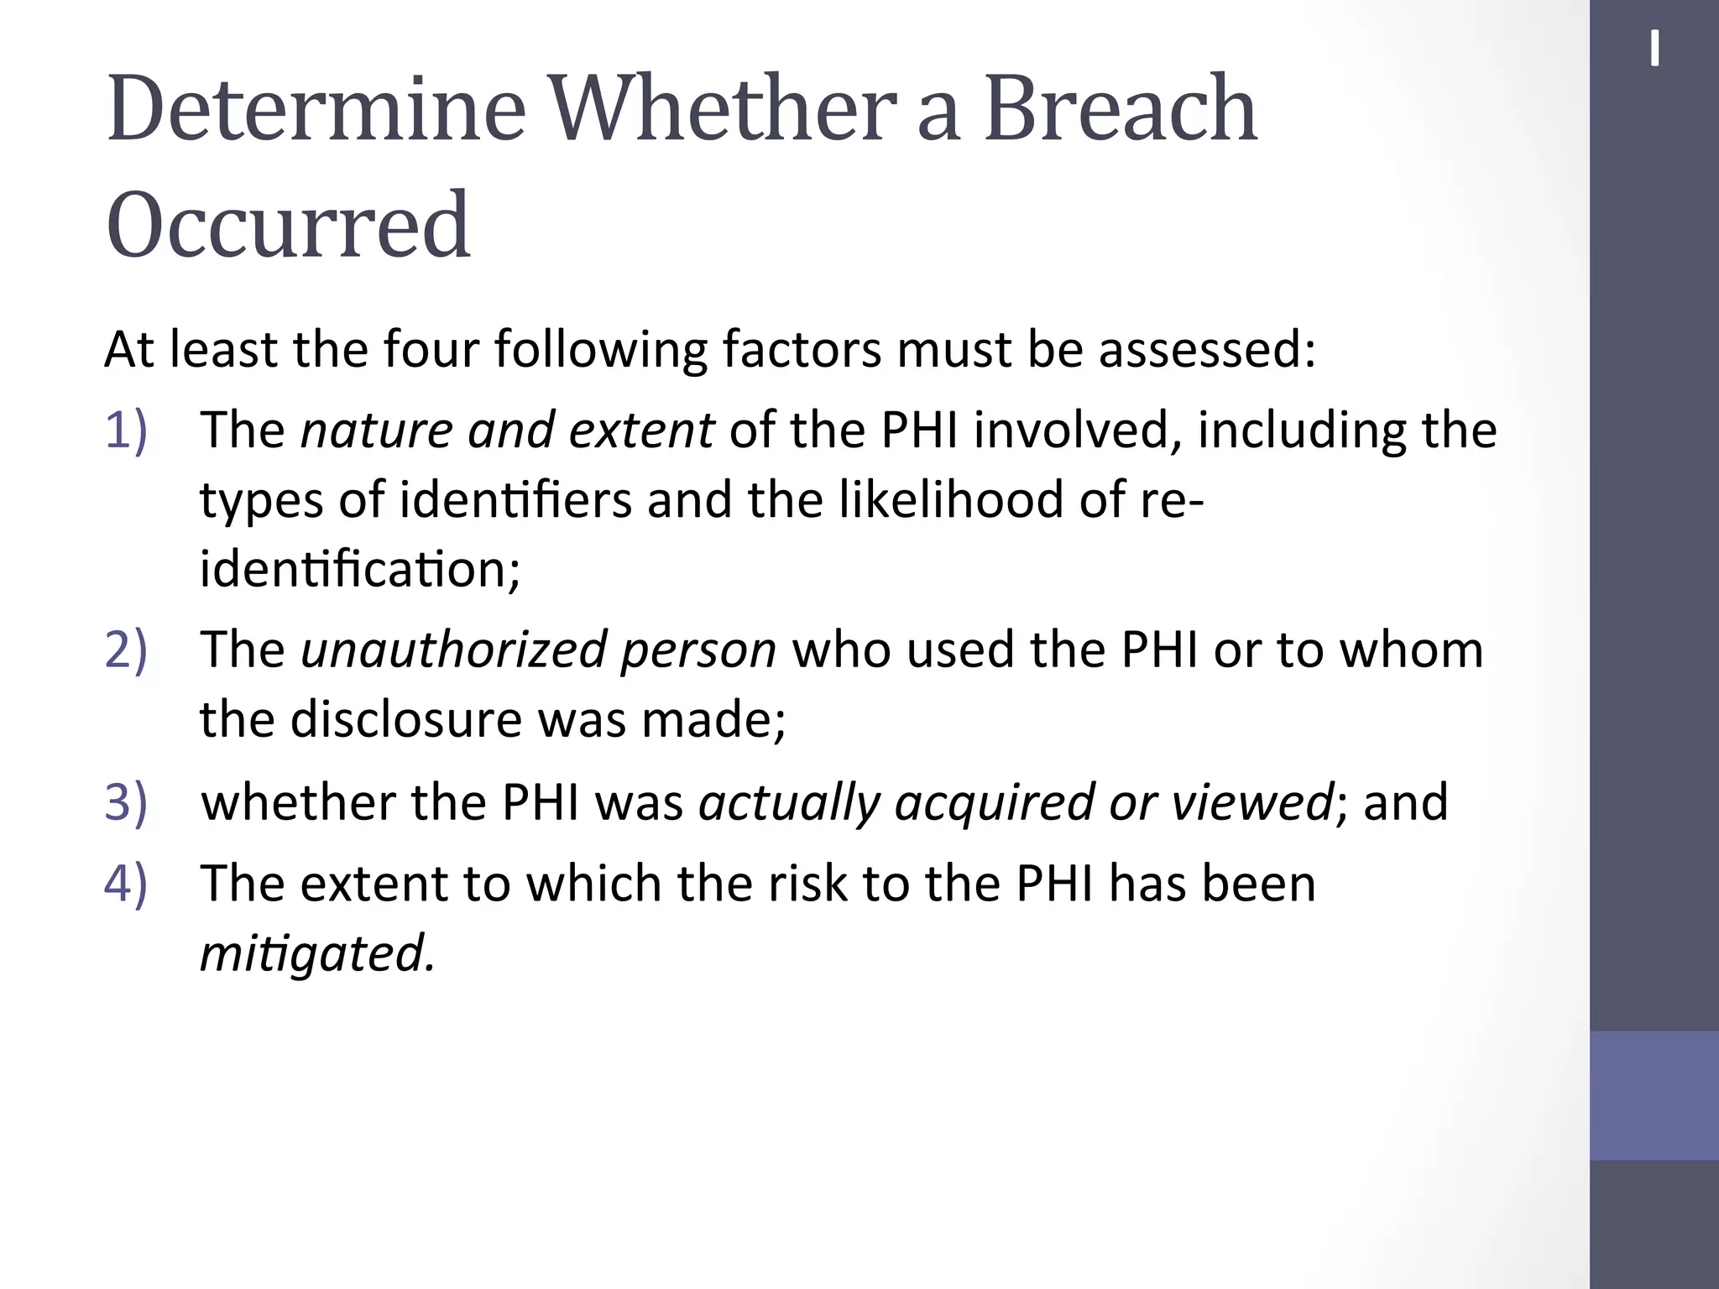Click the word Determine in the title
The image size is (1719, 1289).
pos(316,109)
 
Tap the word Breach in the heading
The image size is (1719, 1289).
pos(1121,109)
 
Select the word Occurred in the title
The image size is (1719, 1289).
pos(288,225)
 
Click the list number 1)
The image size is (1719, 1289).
pos(126,430)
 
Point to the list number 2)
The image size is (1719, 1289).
pos(126,650)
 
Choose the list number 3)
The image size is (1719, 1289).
pos(126,802)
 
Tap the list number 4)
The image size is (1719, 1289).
pos(126,884)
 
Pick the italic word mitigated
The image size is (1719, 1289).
pos(317,954)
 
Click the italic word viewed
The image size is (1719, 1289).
pos(1252,802)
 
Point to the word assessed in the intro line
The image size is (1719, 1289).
pos(1206,349)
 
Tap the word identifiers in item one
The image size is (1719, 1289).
pos(515,500)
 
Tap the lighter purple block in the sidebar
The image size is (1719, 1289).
pos(1654,1095)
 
